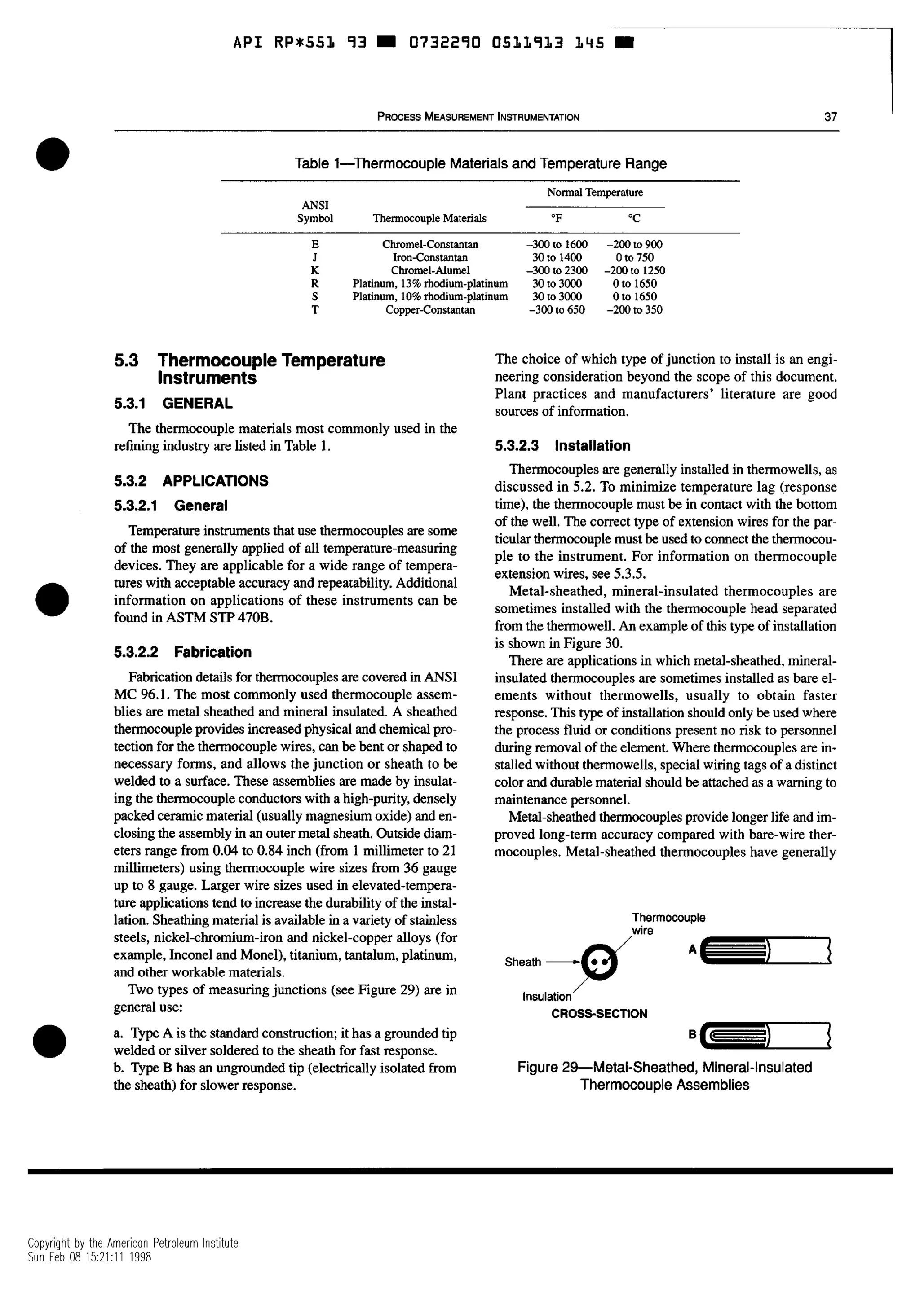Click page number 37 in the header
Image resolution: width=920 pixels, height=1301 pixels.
coord(831,117)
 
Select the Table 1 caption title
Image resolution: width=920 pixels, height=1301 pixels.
coord(480,164)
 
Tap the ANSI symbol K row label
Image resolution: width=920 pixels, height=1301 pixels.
coord(315,270)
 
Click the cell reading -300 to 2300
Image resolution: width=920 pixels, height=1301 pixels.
coord(557,270)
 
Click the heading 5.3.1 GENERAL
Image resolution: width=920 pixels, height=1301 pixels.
coord(173,404)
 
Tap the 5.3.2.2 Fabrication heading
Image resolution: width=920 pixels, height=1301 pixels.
coord(182,652)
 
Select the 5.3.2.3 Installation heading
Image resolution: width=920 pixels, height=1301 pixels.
coord(562,445)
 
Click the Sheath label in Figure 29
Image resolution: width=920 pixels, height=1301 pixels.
coord(522,962)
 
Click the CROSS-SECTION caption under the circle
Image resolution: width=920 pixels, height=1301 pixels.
coord(599,1013)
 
